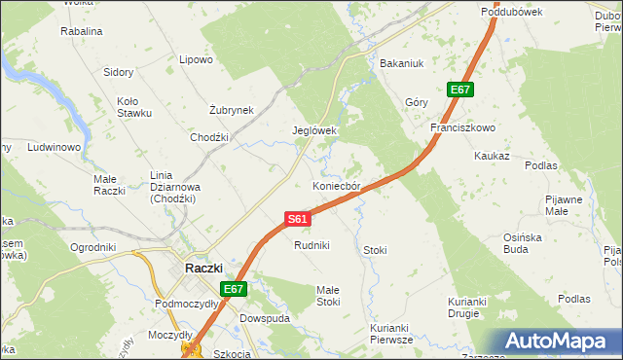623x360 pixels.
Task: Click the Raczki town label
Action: pos(203,268)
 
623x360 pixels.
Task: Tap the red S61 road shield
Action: pos(299,220)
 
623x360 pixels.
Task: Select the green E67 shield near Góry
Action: pos(460,90)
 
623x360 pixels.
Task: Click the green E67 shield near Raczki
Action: pos(234,289)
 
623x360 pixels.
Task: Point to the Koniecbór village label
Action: pos(337,185)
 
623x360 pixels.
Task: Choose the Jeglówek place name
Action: pos(314,130)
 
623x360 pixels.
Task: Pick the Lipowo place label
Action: pos(196,59)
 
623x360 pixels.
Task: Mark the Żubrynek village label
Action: pos(232,110)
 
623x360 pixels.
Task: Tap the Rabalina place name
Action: pos(82,31)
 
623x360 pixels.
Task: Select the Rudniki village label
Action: pos(313,245)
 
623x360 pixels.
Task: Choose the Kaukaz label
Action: pos(492,156)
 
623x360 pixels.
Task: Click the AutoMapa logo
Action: pos(560,342)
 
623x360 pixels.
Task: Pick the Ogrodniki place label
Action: pos(93,247)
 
